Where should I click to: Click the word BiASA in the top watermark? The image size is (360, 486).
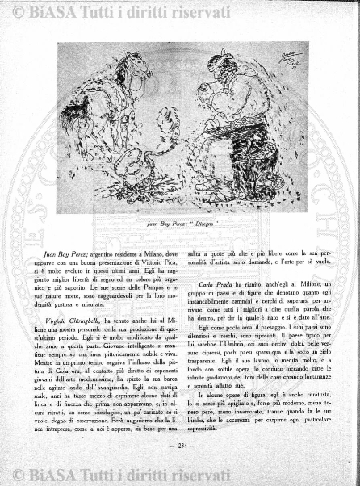tap(45, 10)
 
